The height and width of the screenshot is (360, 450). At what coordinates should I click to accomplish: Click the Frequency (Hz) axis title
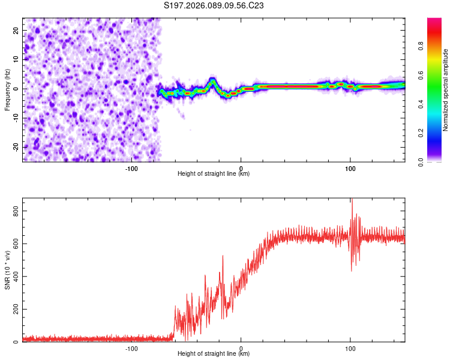coord(7,90)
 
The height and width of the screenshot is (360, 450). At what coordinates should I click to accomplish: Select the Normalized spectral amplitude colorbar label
coord(445,90)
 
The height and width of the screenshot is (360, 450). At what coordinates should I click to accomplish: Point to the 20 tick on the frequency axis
coord(16,30)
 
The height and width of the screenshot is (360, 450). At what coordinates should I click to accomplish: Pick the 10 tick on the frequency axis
coord(16,59)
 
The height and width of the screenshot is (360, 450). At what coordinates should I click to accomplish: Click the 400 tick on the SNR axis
coord(13,277)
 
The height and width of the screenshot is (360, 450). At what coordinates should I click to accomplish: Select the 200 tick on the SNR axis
coord(13,310)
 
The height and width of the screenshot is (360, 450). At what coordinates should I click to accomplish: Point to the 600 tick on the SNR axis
coord(13,244)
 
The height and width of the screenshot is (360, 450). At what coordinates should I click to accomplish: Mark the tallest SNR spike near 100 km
coord(352,200)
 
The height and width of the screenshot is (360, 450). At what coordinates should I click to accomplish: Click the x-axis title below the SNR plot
coord(214,354)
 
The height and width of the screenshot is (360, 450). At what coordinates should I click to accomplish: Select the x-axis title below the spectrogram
coord(214,173)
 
